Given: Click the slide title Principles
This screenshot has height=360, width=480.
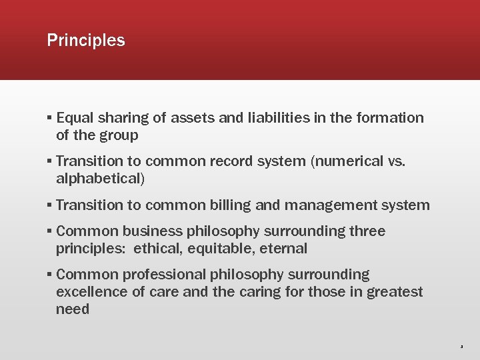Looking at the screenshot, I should coord(86,41).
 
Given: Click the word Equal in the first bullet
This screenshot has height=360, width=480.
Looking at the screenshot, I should coord(75,118).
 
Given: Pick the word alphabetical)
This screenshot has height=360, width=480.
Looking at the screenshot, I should coord(101,179).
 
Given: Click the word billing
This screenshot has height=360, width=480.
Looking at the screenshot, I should coord(227,205).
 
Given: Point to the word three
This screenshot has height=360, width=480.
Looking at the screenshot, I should coord(367,231).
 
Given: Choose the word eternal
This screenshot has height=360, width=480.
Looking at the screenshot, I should coord(285,249).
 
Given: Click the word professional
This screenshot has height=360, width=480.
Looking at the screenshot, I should coord(167,275).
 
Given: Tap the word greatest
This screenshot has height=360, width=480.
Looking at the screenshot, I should coord(394,292).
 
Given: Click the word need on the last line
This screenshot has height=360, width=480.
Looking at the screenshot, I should coord(73,309).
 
